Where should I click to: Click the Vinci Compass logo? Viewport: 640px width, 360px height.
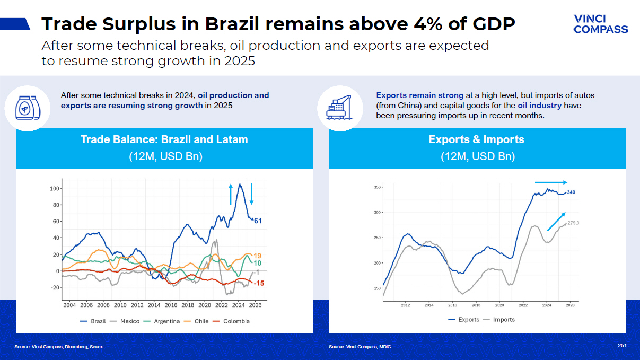click(600, 24)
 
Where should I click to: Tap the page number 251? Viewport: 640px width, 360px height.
click(622, 346)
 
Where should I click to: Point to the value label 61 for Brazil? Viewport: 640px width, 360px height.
click(258, 221)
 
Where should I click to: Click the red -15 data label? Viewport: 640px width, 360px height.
click(259, 284)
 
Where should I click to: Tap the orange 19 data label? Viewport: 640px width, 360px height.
click(258, 256)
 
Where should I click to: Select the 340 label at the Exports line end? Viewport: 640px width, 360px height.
click(571, 192)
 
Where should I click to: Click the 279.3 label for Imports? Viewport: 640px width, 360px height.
click(573, 223)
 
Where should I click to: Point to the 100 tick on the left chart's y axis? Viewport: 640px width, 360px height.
click(54, 188)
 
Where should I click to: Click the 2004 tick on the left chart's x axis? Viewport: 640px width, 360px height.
click(69, 305)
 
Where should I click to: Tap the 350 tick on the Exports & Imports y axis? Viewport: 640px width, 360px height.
click(377, 187)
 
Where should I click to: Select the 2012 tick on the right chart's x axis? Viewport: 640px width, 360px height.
click(406, 305)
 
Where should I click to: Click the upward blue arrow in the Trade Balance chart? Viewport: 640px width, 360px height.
click(230, 194)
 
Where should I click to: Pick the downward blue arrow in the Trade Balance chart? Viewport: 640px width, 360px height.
click(251, 194)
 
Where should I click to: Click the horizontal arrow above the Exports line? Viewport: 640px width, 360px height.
click(551, 182)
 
